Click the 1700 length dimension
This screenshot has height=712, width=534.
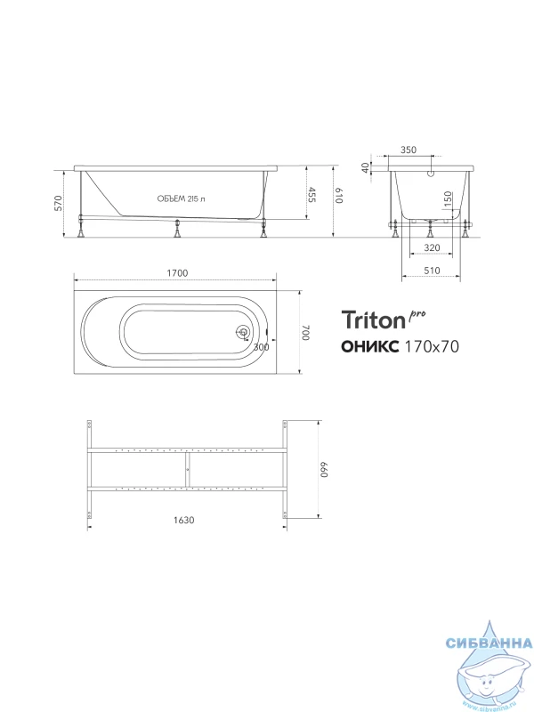[177, 273]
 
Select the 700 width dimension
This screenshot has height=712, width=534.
[305, 332]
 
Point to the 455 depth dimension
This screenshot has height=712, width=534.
[312, 194]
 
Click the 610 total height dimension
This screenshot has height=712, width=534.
[339, 195]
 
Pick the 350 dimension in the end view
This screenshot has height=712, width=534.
[409, 150]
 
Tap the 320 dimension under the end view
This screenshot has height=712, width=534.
[432, 247]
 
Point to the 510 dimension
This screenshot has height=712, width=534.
[432, 271]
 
